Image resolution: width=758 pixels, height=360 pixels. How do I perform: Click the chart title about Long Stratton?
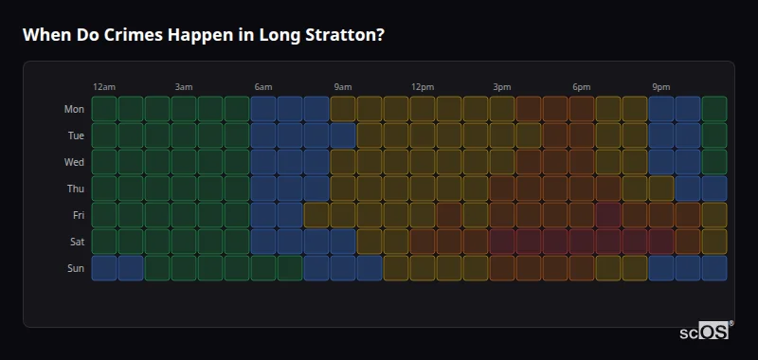203,35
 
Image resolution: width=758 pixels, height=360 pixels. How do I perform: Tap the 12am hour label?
104,87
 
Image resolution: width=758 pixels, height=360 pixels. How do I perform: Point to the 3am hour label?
184,87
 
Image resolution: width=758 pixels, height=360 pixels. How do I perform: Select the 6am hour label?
263,87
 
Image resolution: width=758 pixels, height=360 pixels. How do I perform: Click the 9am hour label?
343,87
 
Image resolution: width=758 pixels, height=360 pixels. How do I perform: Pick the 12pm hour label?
423,87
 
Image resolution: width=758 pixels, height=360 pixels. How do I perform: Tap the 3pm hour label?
502,87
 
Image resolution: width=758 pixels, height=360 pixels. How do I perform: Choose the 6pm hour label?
582,87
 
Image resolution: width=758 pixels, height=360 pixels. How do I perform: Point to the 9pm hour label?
661,87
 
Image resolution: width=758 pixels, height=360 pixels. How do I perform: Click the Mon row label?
74,109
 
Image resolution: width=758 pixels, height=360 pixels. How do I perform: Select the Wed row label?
74,162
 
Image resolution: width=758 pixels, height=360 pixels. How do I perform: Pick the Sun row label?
75,268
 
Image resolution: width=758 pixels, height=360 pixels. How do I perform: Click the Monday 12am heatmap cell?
104,109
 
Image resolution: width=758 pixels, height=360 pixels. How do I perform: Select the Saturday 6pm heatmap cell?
582,242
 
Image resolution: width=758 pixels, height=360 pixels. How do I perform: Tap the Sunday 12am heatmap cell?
104,268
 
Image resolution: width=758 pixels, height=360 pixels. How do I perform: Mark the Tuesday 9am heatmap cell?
343,135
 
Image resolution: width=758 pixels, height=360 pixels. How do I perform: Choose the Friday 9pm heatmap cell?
661,215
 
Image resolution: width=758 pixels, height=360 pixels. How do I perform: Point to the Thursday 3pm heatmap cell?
502,189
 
